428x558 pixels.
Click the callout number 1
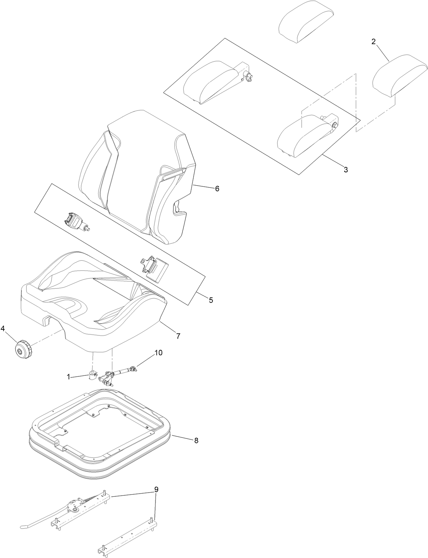click(68, 377)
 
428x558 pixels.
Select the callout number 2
click(374, 42)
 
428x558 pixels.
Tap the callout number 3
click(346, 170)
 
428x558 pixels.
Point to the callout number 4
click(3, 329)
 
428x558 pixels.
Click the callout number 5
click(211, 300)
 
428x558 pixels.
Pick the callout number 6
click(217, 188)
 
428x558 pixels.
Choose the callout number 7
click(178, 336)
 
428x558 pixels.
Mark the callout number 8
click(196, 440)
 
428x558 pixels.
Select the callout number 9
click(156, 490)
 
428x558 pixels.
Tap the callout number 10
click(159, 353)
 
